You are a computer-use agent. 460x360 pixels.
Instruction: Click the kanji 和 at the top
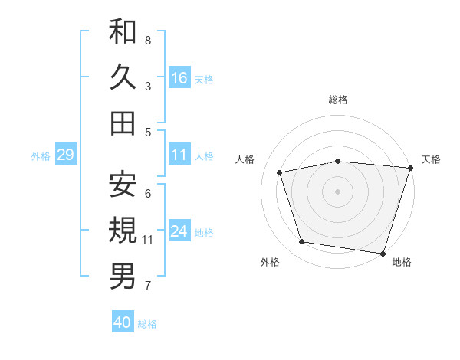click(123, 32)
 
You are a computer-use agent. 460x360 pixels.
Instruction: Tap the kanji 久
click(123, 77)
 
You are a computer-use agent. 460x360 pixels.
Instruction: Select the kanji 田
click(123, 123)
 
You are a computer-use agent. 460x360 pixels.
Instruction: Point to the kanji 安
click(123, 184)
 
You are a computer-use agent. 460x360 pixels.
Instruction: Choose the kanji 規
click(123, 229)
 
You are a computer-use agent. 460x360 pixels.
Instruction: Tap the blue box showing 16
click(179, 78)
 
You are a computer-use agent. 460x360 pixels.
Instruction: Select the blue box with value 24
click(179, 232)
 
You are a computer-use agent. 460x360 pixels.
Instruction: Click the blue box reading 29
click(65, 155)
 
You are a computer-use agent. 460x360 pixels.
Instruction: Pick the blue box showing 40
click(123, 322)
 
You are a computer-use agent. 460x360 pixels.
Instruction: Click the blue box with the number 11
click(179, 155)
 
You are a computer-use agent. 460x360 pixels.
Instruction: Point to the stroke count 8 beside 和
click(148, 40)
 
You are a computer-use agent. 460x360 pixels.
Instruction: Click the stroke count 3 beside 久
click(148, 86)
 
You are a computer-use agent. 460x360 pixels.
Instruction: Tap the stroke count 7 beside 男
click(148, 286)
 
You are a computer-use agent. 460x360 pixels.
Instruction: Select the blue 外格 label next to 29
click(41, 156)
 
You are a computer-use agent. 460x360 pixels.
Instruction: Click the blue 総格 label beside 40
click(148, 323)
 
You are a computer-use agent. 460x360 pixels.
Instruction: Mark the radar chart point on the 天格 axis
click(410, 169)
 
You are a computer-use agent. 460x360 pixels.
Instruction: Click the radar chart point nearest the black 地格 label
click(383, 253)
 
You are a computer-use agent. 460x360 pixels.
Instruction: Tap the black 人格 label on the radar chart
click(245, 159)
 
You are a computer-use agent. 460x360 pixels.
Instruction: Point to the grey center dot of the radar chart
click(337, 191)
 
